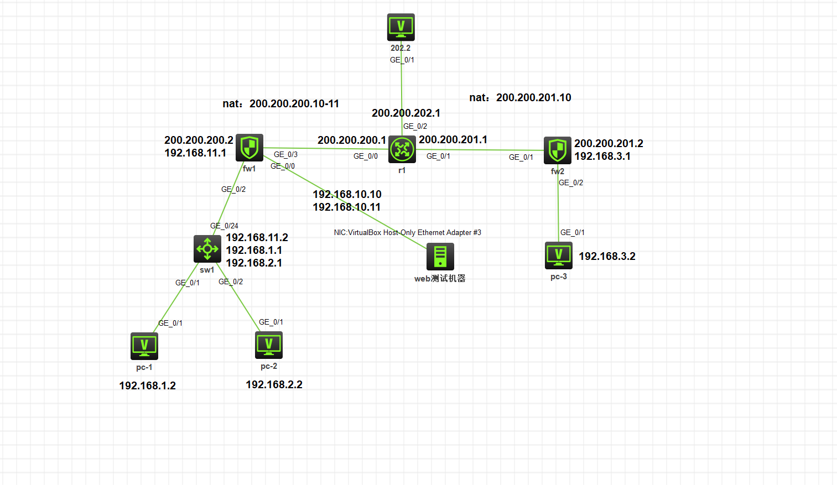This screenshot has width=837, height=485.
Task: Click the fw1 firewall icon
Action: (249, 148)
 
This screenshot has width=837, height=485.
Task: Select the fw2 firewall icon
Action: (557, 150)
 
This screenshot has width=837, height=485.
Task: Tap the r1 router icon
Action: (402, 149)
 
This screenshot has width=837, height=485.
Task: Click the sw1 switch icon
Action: (207, 249)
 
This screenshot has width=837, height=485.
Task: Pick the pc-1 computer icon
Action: (144, 346)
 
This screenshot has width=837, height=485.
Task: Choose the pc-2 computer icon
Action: (269, 345)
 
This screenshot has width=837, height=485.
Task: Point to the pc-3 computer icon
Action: (559, 255)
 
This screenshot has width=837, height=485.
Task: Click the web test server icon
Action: (440, 257)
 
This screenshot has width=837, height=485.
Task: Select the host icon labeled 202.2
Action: (401, 27)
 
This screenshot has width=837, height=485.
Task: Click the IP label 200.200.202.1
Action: (406, 113)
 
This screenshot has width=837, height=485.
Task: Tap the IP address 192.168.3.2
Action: (607, 257)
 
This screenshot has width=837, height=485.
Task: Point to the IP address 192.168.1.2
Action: (147, 386)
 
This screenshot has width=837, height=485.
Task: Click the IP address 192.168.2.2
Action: (274, 385)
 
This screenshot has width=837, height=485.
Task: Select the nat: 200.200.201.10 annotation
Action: (520, 98)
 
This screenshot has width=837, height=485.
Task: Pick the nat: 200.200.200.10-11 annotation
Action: (280, 104)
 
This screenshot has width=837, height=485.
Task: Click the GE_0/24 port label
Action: (224, 226)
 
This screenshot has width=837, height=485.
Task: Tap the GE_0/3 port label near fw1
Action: (285, 154)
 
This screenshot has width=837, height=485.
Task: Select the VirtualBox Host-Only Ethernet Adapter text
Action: (407, 233)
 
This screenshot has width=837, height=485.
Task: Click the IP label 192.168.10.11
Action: (346, 207)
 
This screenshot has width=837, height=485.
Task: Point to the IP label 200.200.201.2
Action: (609, 144)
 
